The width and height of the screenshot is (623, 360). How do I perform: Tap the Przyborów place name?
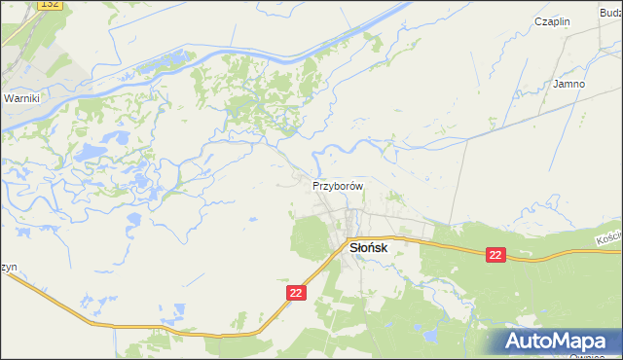point(338,185)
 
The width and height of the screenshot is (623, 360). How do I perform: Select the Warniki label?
point(20,99)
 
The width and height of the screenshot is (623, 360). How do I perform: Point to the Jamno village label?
point(569,84)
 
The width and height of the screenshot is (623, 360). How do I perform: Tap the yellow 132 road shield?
point(51,5)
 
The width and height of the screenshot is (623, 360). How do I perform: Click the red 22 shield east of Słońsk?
point(496,255)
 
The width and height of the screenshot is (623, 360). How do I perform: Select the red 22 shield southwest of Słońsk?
point(297,292)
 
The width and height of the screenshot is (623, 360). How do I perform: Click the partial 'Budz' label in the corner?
point(610,11)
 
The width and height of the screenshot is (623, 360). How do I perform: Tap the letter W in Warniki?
point(8,99)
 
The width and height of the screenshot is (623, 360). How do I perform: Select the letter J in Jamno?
point(556,84)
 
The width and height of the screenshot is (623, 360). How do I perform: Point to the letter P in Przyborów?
point(316,185)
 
